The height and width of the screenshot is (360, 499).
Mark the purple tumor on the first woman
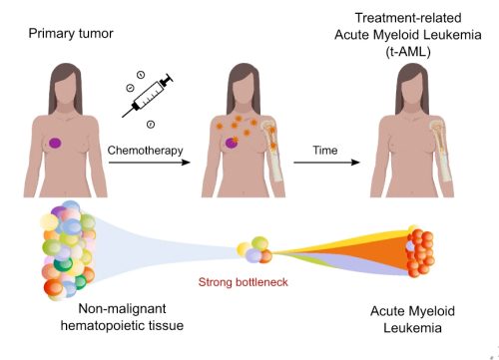(57, 144)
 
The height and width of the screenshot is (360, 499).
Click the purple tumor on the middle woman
(232, 145)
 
